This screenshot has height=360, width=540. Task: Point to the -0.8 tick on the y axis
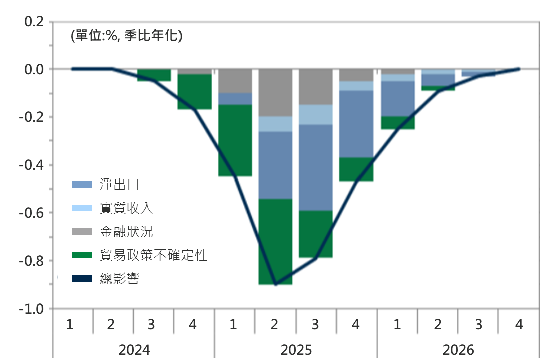pos(31,261)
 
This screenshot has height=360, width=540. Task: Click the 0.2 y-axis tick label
pos(34,21)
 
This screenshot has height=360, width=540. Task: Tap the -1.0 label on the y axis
pos(31,309)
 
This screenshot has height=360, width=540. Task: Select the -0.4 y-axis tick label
pos(31,165)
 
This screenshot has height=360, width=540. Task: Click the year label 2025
pos(296,349)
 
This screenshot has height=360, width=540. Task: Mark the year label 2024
pos(134,349)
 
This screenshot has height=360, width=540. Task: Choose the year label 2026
pos(458,349)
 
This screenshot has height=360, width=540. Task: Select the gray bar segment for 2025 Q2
pos(275,93)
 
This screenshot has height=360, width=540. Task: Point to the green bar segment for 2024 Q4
pos(194,92)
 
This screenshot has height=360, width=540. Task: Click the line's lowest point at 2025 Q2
pos(275,284)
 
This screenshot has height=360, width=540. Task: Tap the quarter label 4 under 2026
pos(519,325)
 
